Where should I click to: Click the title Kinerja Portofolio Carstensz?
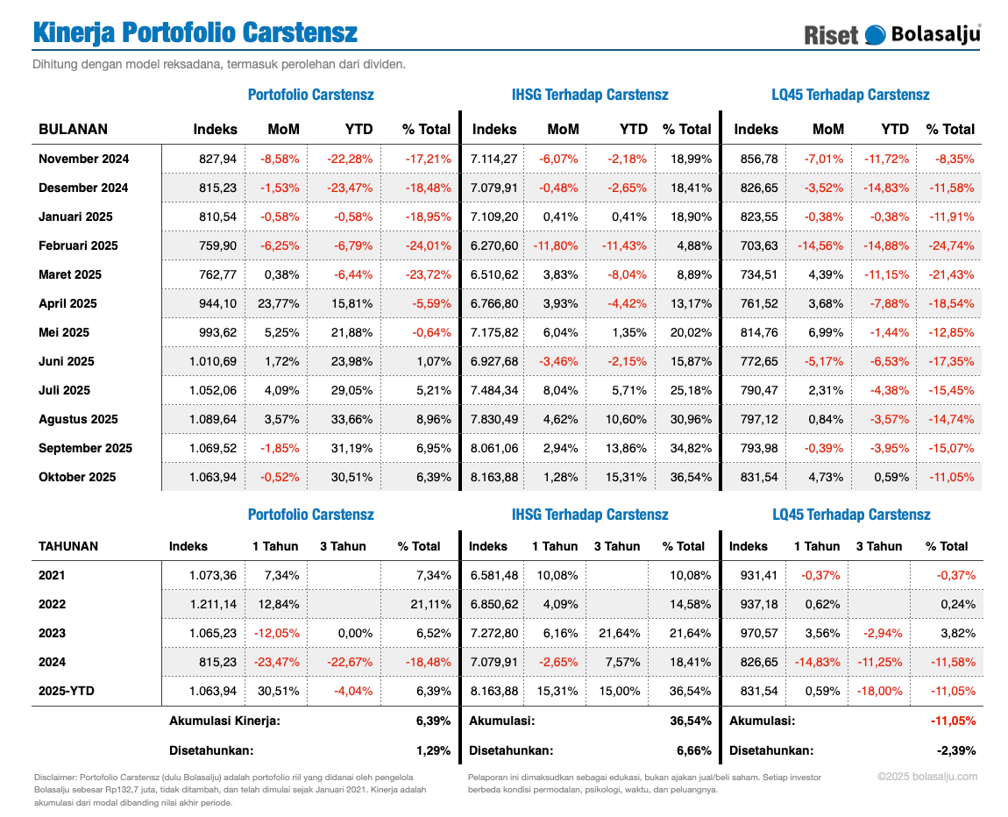click(x=195, y=32)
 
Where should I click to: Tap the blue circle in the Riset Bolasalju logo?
click(x=875, y=34)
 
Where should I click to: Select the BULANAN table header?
click(x=73, y=129)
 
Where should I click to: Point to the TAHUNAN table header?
click(x=68, y=546)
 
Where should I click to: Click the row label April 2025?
click(x=67, y=303)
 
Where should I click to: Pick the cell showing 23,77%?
click(x=280, y=303)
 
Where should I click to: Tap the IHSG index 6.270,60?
click(x=494, y=245)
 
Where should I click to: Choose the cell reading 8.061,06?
click(x=494, y=448)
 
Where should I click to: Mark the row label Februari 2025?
click(x=77, y=245)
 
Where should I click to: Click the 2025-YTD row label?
click(x=67, y=691)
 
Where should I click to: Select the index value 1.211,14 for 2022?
click(x=213, y=604)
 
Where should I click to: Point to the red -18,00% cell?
click(x=881, y=691)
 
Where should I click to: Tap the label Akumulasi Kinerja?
click(x=224, y=721)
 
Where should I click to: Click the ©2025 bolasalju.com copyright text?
click(x=927, y=776)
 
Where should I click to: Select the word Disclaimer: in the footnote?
click(x=55, y=777)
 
